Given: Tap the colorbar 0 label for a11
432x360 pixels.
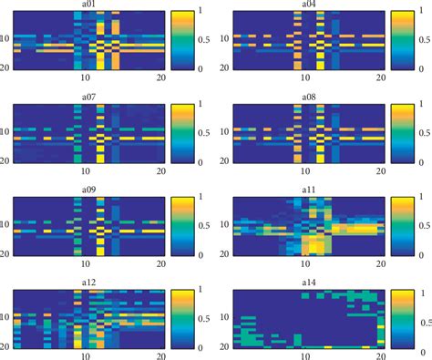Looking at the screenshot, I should click(x=418, y=255).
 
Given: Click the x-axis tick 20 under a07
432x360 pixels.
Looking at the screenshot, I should click(x=160, y=170).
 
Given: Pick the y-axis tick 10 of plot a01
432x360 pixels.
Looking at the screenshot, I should click(x=6, y=39).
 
